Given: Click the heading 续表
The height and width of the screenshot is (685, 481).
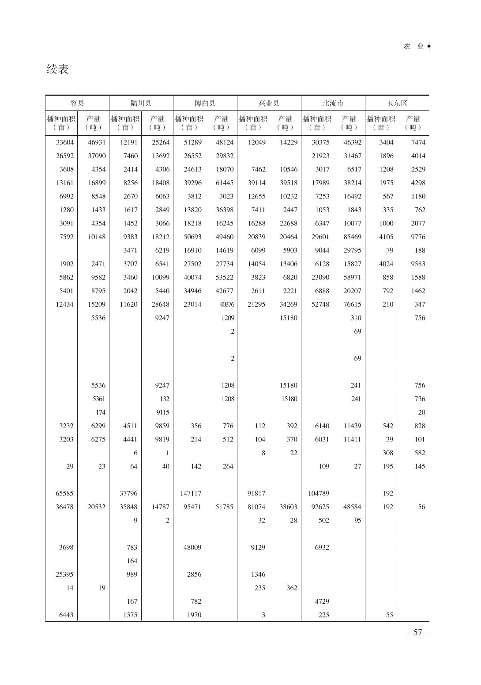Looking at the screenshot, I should (58, 69).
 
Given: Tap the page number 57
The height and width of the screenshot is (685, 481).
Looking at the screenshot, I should (417, 632).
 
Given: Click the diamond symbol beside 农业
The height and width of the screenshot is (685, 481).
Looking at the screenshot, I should (429, 46).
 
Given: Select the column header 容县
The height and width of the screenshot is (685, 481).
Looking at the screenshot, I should (77, 103).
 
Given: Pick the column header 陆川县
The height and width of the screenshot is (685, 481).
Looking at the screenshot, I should (141, 103).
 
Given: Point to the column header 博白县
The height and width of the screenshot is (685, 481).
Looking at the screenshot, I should (205, 103).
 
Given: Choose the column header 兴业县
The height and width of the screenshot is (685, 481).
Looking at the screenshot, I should (269, 103).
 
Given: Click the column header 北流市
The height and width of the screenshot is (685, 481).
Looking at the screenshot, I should (333, 103).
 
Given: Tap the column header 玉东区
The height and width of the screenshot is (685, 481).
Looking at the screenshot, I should (397, 103).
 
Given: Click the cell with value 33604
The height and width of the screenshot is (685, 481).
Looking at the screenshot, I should (65, 142).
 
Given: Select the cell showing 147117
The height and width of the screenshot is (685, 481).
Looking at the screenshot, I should (191, 493).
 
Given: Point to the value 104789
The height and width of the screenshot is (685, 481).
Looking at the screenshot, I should (319, 493).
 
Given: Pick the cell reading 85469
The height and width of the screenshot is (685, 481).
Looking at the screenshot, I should (352, 237).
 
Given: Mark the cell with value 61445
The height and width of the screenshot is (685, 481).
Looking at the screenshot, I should (224, 183).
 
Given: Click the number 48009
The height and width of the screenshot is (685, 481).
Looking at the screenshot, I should (192, 548).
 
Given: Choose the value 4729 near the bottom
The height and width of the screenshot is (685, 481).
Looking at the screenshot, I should (322, 601).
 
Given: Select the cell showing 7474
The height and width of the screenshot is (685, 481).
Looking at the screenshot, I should (418, 142).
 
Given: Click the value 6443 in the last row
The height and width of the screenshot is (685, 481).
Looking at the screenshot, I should (66, 615).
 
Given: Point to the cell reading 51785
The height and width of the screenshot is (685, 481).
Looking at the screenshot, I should (224, 507).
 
